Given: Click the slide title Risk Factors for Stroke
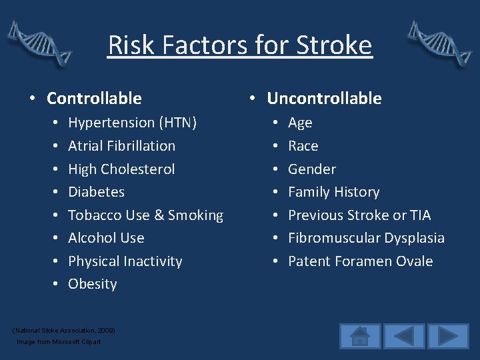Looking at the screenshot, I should (240, 45).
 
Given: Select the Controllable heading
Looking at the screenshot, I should (94, 98).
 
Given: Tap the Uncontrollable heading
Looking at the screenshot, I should (324, 98).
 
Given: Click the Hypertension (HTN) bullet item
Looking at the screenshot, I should (132, 123).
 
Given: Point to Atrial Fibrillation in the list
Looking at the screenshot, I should (121, 145).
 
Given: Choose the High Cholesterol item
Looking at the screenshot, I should (121, 169).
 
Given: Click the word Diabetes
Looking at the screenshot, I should (96, 192).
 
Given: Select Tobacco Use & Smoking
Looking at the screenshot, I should (145, 215).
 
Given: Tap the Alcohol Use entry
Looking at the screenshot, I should (106, 238).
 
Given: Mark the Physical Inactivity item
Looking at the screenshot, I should (125, 261).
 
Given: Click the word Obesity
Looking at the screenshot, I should (92, 284).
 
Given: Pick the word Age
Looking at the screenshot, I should (300, 123).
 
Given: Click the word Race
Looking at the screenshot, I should (303, 145).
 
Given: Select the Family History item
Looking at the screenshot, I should (333, 192).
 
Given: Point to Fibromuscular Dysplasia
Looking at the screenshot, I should (366, 238).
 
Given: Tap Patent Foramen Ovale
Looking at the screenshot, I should (360, 261).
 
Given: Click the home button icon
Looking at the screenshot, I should (360, 336).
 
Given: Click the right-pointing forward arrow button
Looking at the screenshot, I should (448, 336).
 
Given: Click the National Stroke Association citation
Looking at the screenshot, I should (64, 330).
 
